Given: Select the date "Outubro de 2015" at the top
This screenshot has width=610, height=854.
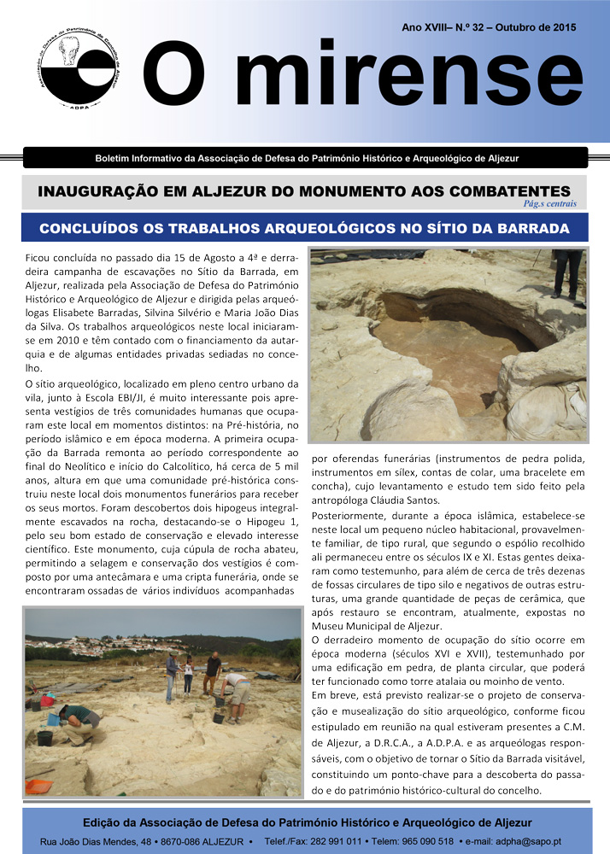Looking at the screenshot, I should [535, 27].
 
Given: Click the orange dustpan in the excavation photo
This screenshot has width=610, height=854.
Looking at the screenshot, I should [38, 784].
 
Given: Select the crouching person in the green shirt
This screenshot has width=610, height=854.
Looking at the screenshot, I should [78, 722].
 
